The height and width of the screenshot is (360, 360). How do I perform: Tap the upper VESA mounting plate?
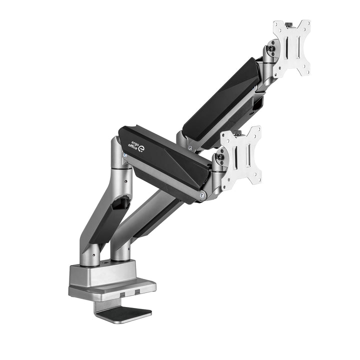(291, 48)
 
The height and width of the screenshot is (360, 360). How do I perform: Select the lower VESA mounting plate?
(241, 157)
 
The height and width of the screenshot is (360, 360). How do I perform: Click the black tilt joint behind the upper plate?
(271, 49)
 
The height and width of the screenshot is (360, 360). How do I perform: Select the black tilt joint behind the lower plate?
(218, 159)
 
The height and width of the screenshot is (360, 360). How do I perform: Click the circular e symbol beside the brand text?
(140, 148)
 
